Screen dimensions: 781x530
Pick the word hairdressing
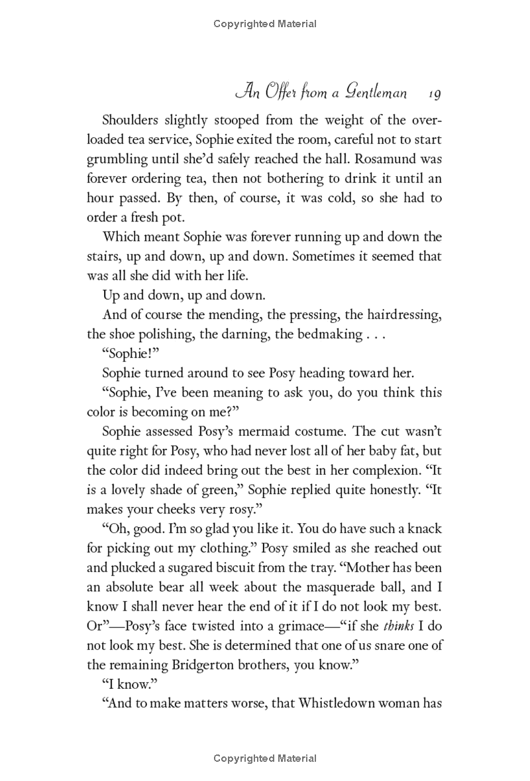(403, 314)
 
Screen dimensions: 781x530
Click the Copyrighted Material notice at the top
(265, 24)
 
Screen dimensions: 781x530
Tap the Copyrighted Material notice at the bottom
(265, 758)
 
